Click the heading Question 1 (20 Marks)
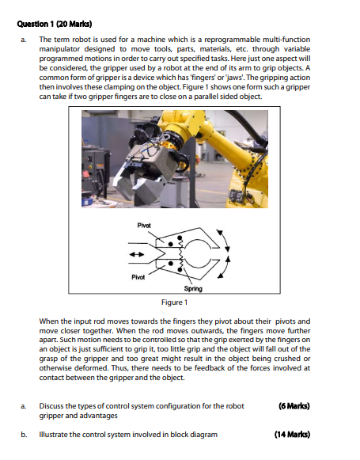tap(55, 24)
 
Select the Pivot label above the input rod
tap(144, 226)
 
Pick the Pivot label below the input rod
tap(138, 277)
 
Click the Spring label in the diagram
tap(193, 289)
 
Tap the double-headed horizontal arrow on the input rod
tap(137, 254)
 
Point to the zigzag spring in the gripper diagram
tap(180, 254)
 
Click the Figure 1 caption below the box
tap(174, 302)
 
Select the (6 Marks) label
tap(294, 406)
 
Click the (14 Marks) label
tap(292, 434)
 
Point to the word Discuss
tap(51, 406)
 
